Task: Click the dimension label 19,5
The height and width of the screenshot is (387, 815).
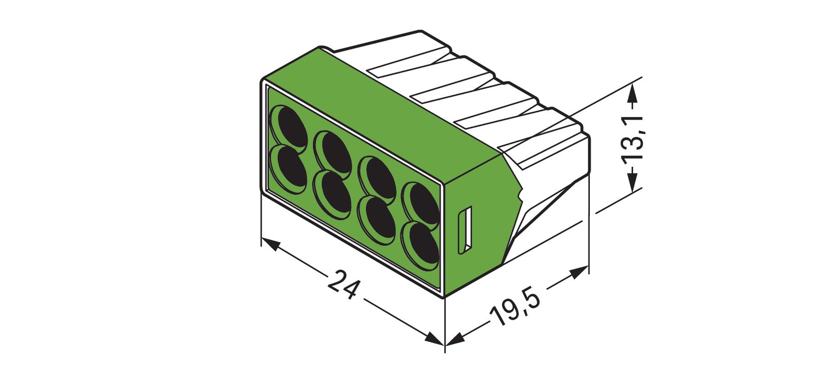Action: [514, 309]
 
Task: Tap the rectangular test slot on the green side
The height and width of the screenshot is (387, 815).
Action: [465, 230]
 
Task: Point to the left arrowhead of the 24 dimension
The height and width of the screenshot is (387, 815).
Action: [270, 244]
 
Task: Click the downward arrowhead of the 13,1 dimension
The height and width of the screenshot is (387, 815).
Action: [632, 181]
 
